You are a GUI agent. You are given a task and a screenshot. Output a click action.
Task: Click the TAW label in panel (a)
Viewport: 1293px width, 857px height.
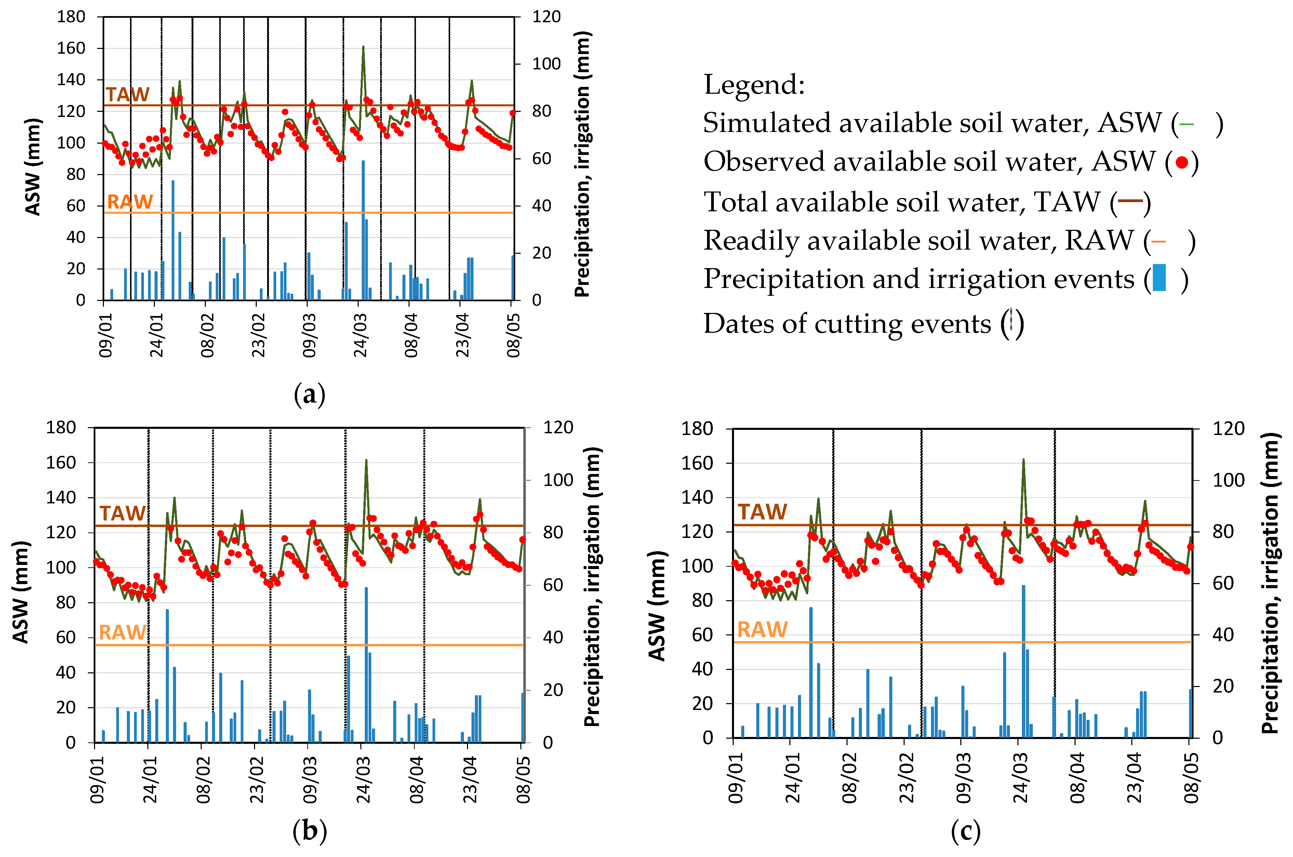point(127,94)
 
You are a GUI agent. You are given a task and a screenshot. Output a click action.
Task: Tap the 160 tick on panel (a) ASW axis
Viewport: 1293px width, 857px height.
point(71,48)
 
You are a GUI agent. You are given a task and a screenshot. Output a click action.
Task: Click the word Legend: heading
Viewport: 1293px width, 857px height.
point(754,85)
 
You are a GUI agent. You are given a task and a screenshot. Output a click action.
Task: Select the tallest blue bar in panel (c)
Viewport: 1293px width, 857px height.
point(1023,661)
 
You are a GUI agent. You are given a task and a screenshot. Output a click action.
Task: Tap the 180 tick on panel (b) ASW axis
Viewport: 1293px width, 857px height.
point(60,427)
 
